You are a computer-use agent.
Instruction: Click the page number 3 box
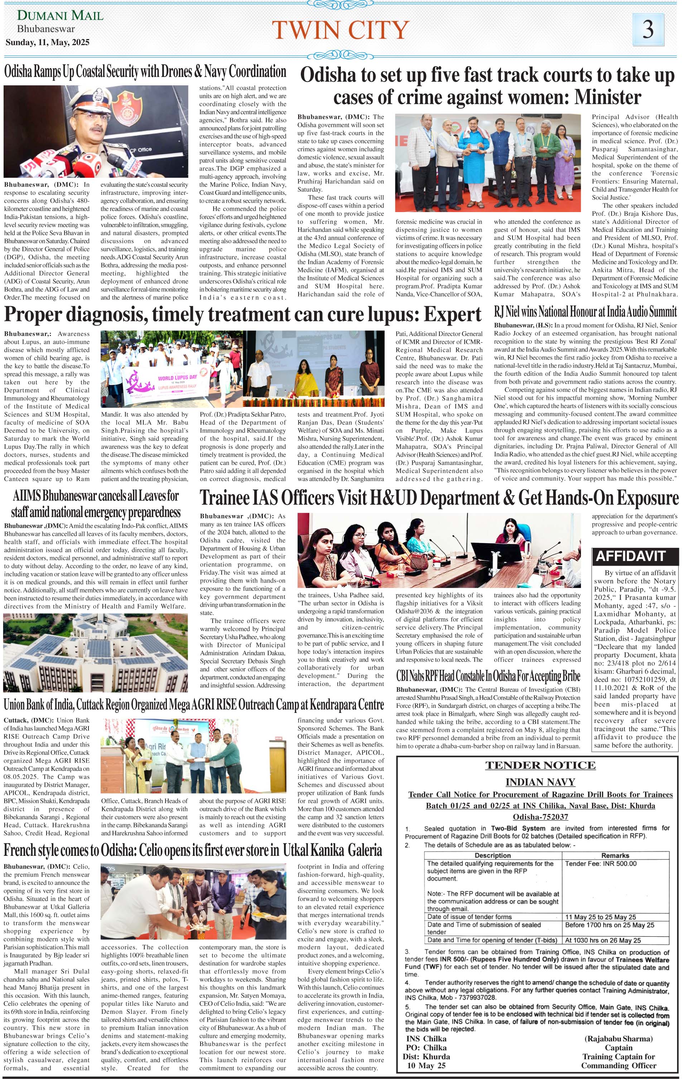tap(648, 28)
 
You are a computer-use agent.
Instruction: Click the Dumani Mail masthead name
tap(60, 16)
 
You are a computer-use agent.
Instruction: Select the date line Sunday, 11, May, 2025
tap(48, 43)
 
